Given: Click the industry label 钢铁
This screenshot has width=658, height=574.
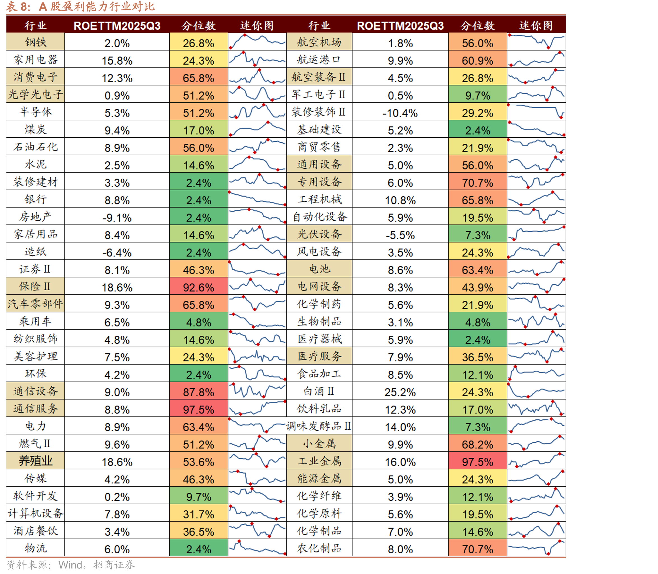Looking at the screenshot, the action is tap(36, 42).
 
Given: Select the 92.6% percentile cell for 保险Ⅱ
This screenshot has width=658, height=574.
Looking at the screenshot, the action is tap(199, 286).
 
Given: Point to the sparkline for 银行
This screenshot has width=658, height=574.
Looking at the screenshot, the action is tap(257, 199).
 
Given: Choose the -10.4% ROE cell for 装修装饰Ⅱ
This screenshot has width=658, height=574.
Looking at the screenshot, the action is tap(400, 113).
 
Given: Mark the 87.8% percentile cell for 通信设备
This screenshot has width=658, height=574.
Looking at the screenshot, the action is tap(199, 391).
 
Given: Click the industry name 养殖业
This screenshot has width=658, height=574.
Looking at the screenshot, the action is tap(36, 461).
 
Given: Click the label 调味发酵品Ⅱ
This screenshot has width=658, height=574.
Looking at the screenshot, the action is tap(318, 426).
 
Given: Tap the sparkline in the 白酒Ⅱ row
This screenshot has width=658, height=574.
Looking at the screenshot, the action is tap(536, 391).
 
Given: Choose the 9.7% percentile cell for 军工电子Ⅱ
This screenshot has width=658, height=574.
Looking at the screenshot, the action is tap(477, 95).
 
